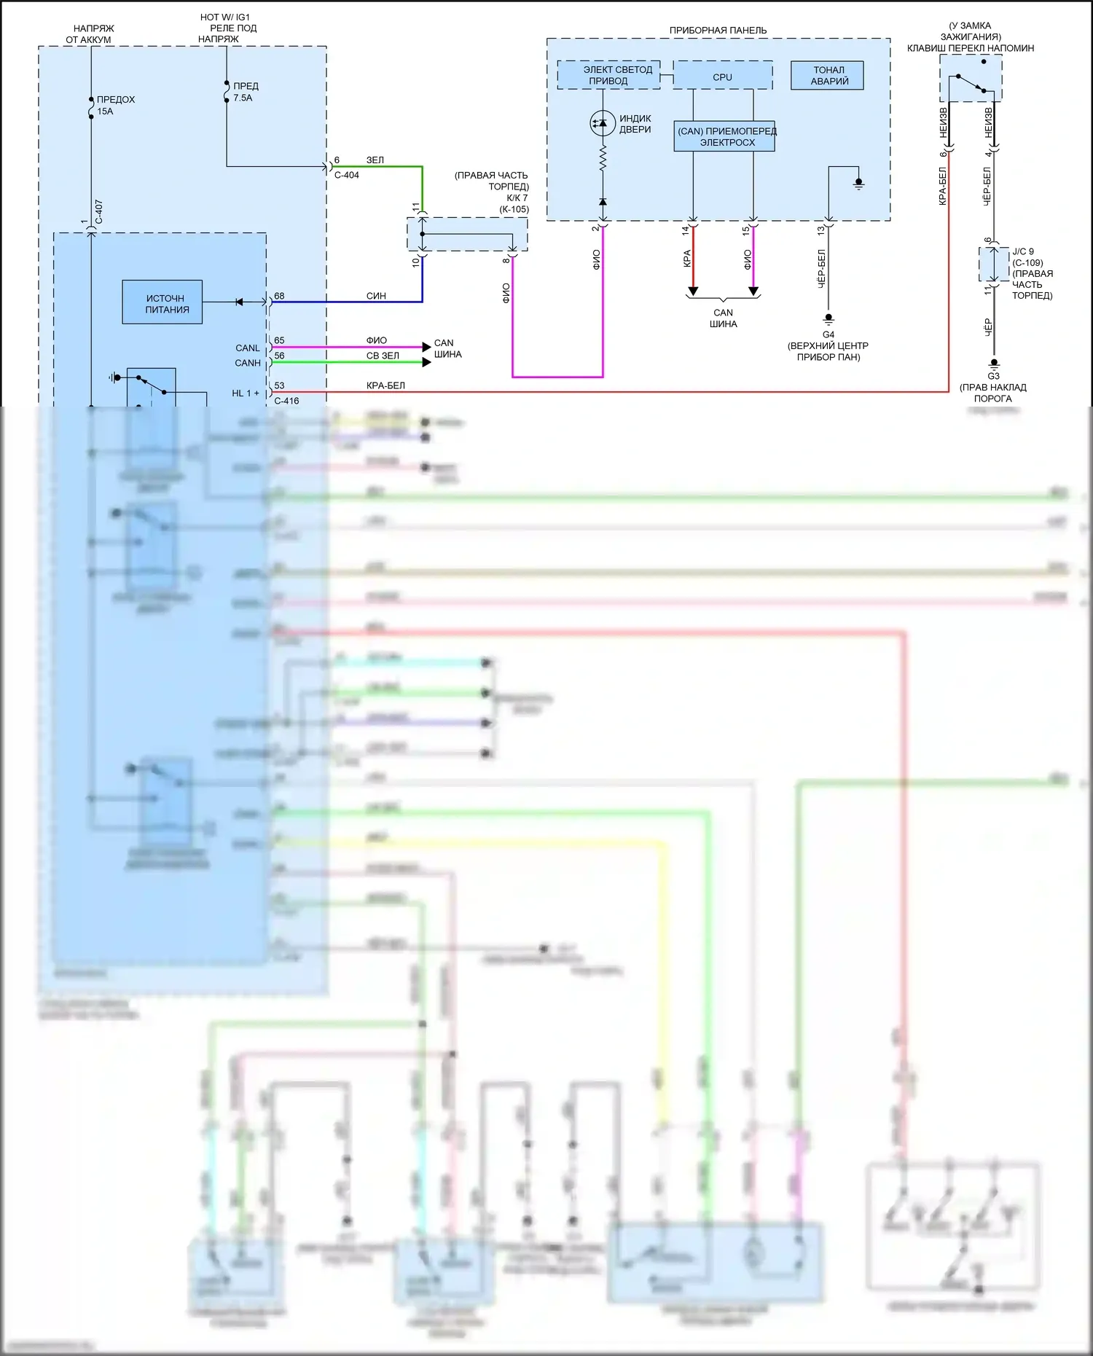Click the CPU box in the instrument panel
coord(722,76)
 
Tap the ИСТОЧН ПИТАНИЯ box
coord(162,302)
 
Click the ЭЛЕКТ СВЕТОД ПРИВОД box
coord(609,75)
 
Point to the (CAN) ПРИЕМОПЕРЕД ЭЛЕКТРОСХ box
coord(724,136)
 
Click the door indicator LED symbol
coord(603,124)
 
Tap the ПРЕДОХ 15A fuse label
coord(115,105)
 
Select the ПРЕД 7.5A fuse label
coord(245,92)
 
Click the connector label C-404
coord(346,175)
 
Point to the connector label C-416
coord(286,401)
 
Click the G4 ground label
coord(828,334)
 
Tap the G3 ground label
coord(993,376)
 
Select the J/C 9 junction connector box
coord(992,264)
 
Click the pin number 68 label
coord(279,296)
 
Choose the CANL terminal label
coord(247,348)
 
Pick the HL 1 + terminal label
coord(246,393)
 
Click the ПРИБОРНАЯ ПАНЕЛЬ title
coord(718,31)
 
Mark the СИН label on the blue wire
coord(376,296)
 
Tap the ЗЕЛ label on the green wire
coord(375,160)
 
